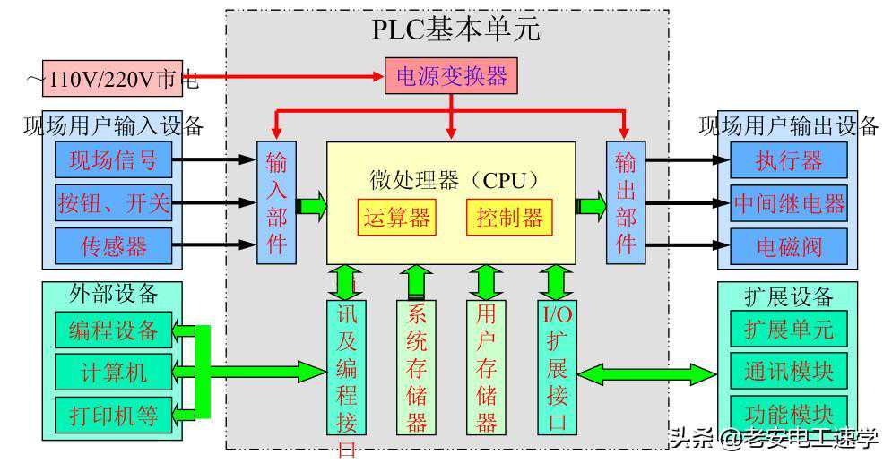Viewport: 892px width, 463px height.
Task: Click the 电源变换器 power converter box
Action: point(451,76)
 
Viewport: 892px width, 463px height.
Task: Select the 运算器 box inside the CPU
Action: point(396,218)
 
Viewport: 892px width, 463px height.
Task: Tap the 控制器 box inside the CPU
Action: point(509,218)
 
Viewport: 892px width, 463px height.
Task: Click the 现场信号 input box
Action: point(113,161)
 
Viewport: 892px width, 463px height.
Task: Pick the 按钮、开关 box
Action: point(113,203)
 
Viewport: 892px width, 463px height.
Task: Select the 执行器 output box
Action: point(788,161)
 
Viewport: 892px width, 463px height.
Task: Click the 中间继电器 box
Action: point(788,203)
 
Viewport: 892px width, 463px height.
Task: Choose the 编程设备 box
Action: point(113,330)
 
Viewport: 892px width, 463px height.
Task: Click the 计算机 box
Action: point(113,372)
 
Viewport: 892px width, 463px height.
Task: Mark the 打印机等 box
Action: point(113,415)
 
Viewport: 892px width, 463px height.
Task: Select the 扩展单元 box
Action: point(788,329)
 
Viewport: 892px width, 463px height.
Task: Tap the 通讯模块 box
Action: point(788,371)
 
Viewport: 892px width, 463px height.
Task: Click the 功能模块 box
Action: point(788,414)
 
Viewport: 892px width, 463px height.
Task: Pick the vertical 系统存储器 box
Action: point(416,367)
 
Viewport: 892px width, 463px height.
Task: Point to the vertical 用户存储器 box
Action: point(486,367)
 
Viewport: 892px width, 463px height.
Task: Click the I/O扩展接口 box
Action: point(557,367)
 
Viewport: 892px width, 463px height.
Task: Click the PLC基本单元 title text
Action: point(456,30)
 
